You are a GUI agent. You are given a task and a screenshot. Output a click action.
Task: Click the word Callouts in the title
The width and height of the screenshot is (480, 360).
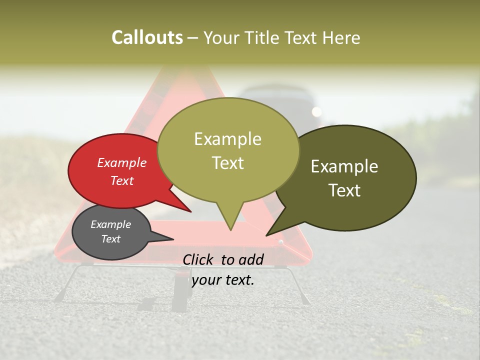coord(147,37)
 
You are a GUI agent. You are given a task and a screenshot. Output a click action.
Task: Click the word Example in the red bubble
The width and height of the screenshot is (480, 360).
coord(121,163)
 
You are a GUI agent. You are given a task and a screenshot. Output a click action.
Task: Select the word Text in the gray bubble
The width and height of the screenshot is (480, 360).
coord(110,239)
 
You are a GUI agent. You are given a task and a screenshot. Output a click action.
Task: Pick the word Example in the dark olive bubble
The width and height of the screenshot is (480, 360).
coord(344,166)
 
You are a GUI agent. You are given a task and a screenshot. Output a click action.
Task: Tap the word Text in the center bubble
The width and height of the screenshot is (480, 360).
coord(228,163)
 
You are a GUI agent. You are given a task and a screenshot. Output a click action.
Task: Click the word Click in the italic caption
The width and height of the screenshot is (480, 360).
coord(199,259)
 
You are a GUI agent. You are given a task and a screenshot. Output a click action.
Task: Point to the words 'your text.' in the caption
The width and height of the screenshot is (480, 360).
coord(223,279)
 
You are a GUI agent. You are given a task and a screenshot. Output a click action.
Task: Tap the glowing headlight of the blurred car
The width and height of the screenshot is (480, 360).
coord(316,111)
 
